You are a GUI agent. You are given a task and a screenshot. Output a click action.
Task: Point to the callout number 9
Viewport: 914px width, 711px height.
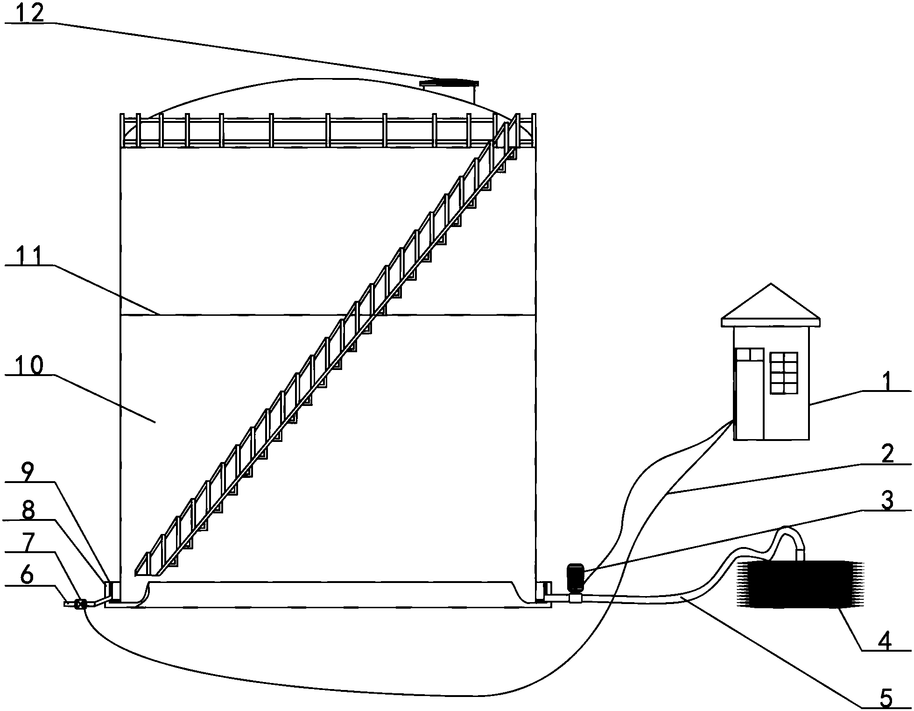click(27, 473)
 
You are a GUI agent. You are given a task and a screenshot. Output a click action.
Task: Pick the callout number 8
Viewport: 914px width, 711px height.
click(28, 511)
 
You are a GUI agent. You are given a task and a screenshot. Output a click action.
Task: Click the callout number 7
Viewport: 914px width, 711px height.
click(28, 543)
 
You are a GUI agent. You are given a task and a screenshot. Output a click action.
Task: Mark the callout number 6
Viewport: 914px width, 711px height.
click(28, 576)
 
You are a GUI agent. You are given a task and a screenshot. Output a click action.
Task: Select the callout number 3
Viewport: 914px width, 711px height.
click(886, 501)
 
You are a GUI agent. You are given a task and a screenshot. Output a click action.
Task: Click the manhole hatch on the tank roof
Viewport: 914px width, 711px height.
click(449, 84)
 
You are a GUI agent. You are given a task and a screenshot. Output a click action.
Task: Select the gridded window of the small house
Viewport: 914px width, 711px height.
click(784, 373)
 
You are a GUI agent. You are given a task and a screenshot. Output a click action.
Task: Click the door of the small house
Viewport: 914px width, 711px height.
click(749, 393)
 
